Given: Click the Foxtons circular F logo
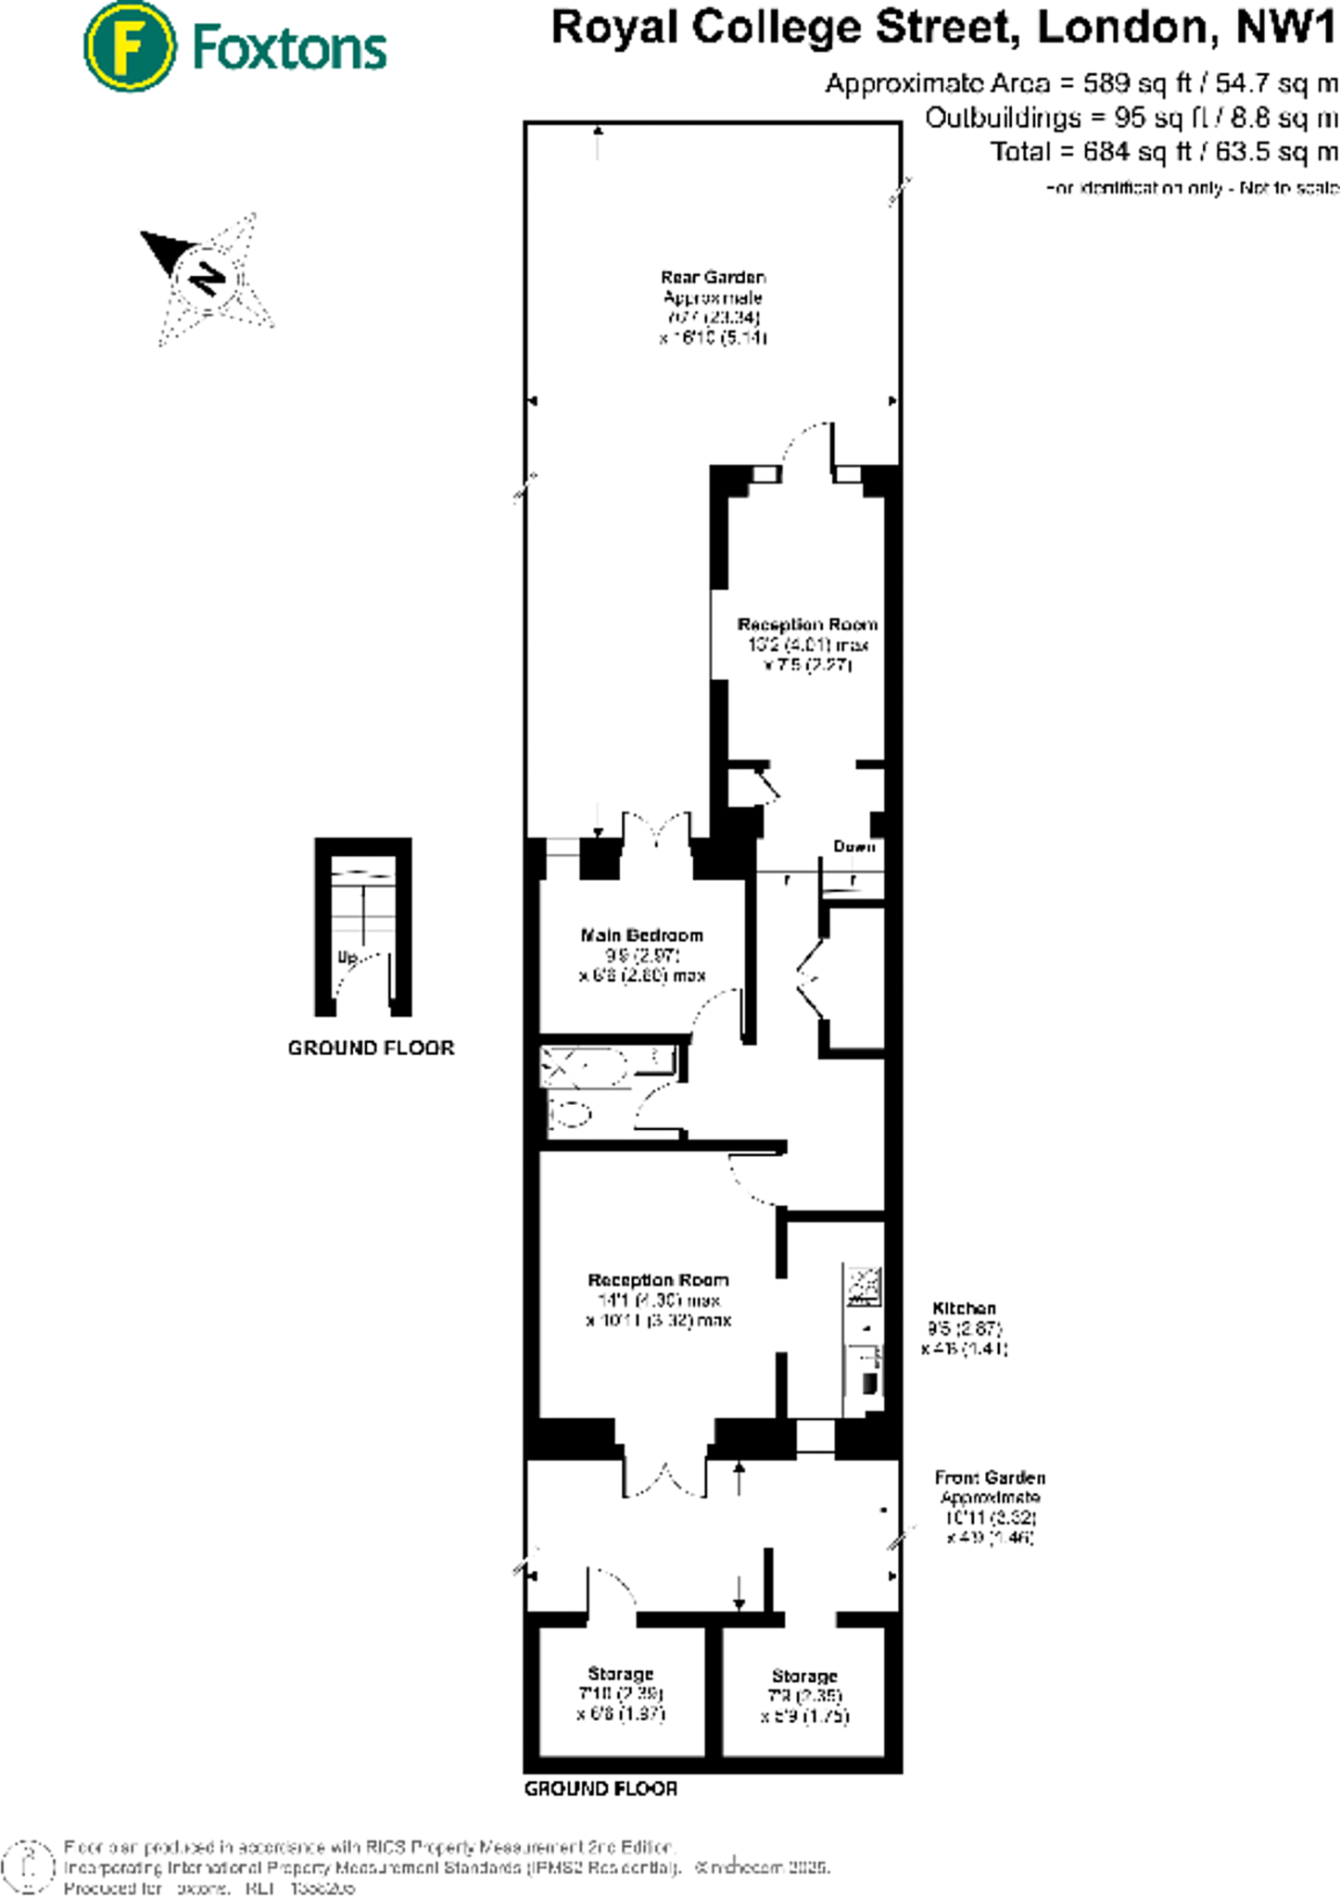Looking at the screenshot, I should (129, 46).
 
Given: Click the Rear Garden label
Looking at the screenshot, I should (713, 277).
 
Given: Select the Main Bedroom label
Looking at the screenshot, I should (641, 935).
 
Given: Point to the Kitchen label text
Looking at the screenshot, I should (964, 1308).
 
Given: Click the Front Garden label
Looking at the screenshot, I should (989, 1477).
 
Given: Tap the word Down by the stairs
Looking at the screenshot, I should (853, 846).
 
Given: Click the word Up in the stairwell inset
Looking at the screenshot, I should (348, 957).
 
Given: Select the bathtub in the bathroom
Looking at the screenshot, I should (607, 1065).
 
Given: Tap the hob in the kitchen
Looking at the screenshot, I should (864, 1286).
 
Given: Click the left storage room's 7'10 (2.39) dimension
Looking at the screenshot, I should (620, 1693).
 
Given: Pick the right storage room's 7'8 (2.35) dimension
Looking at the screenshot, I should (804, 1695).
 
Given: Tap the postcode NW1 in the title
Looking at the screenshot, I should (1286, 28).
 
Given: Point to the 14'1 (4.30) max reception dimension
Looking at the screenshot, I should (658, 1300).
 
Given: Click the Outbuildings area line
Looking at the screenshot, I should (1131, 118).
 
